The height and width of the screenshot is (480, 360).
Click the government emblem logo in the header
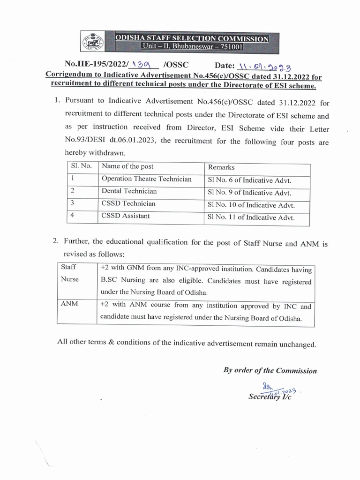pos(94,43)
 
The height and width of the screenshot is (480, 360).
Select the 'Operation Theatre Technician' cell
pos(147,179)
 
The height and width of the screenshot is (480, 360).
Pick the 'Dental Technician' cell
pos(129,191)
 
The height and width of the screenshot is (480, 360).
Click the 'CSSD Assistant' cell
pos(126,216)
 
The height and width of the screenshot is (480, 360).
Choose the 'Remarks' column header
pos(221,167)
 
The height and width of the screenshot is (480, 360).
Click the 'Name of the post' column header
pos(127,166)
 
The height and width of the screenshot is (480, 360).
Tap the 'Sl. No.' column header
pos(82,166)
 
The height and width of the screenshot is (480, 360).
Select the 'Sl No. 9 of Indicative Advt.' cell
pos(249,193)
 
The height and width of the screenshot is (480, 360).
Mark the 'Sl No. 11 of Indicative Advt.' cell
pos(251,217)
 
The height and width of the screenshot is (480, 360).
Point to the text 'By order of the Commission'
pos(270,370)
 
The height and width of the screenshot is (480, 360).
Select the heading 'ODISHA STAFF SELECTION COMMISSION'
pos(193,39)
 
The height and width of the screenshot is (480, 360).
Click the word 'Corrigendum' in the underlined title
pos(68,76)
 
